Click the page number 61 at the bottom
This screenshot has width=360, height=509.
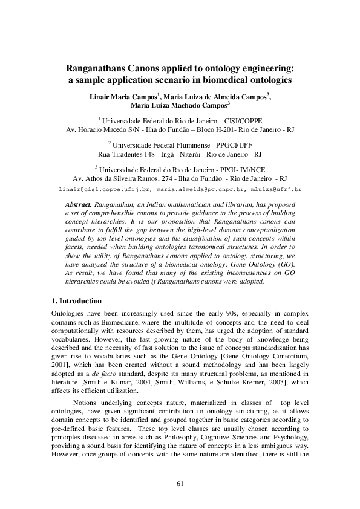[x=180, y=483]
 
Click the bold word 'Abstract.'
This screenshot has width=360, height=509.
[x=77, y=204]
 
